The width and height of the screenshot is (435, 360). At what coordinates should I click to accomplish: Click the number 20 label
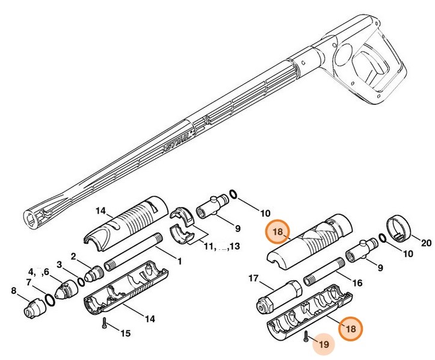pos(427,244)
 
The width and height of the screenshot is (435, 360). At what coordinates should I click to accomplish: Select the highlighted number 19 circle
pos(323,344)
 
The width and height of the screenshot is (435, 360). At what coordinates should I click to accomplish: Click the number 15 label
pos(125,332)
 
